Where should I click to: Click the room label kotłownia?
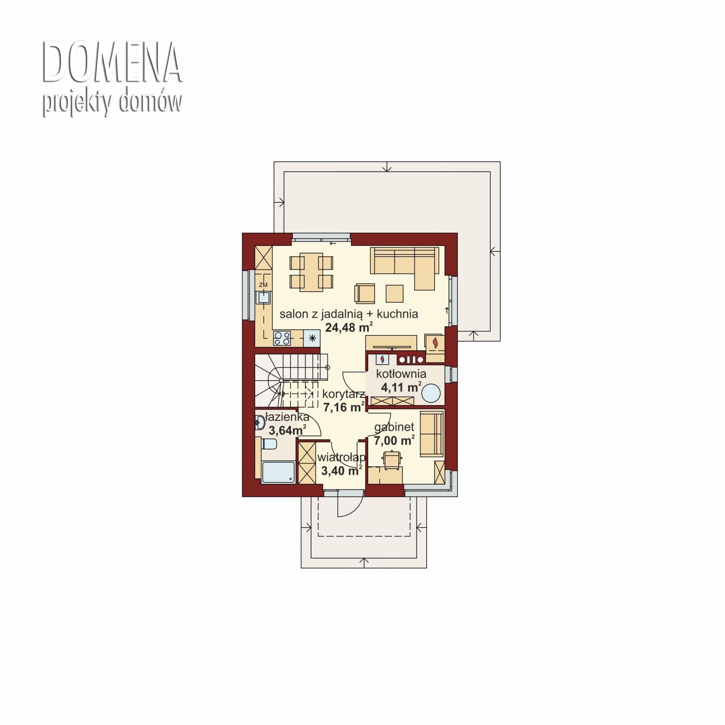pyautogui.click(x=401, y=373)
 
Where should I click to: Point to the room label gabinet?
pyautogui.click(x=394, y=428)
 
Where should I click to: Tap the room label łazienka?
pyautogui.click(x=287, y=417)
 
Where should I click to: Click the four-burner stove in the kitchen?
pyautogui.click(x=282, y=338)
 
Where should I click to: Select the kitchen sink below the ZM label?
pyautogui.click(x=263, y=298)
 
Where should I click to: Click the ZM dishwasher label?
pyautogui.click(x=263, y=285)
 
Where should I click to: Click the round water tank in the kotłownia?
pyautogui.click(x=431, y=394)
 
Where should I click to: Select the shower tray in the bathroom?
pyautogui.click(x=279, y=473)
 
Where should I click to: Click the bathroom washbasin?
pyautogui.click(x=260, y=422)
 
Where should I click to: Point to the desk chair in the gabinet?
pyautogui.click(x=391, y=458)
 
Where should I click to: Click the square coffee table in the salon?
pyautogui.click(x=394, y=293)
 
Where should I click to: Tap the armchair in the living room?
pyautogui.click(x=365, y=293)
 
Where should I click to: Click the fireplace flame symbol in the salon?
pyautogui.click(x=435, y=342)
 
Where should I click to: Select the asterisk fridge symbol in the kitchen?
pyautogui.click(x=312, y=338)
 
